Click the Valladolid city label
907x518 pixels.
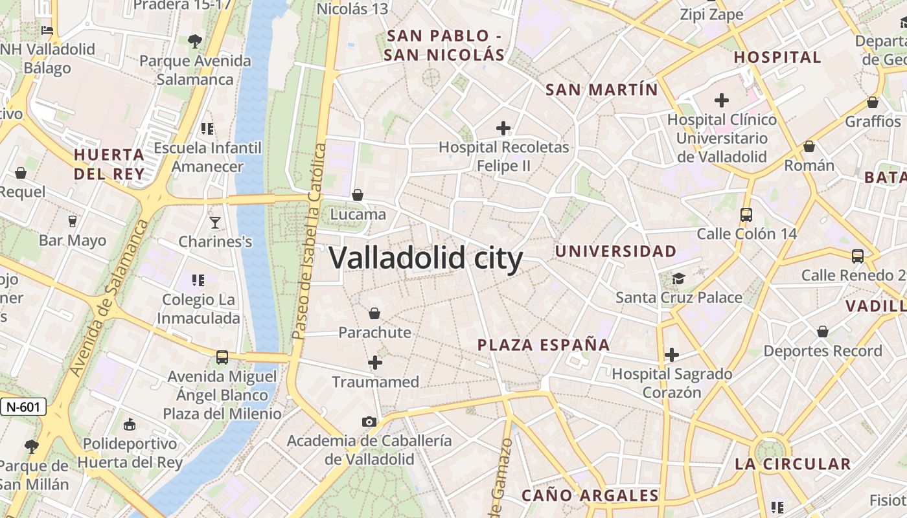426,258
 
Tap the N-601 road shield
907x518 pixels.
23,407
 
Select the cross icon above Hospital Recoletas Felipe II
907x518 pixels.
503,128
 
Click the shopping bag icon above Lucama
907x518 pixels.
357,195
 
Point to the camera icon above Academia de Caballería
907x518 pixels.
369,422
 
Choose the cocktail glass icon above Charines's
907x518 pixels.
215,223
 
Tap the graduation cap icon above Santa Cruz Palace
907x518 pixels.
678,278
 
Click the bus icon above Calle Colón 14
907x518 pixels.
746,215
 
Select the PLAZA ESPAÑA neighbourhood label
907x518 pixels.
544,344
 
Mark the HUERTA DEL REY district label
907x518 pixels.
109,164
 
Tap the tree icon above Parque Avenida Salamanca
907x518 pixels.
194,42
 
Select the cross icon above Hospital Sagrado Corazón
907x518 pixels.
672,355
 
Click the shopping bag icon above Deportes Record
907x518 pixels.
823,332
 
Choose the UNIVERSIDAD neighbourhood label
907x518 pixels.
616,251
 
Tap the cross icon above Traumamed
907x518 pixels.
375,363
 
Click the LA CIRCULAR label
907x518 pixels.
792,464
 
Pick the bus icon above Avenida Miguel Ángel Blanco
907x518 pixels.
222,357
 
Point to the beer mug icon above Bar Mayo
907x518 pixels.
72,221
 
